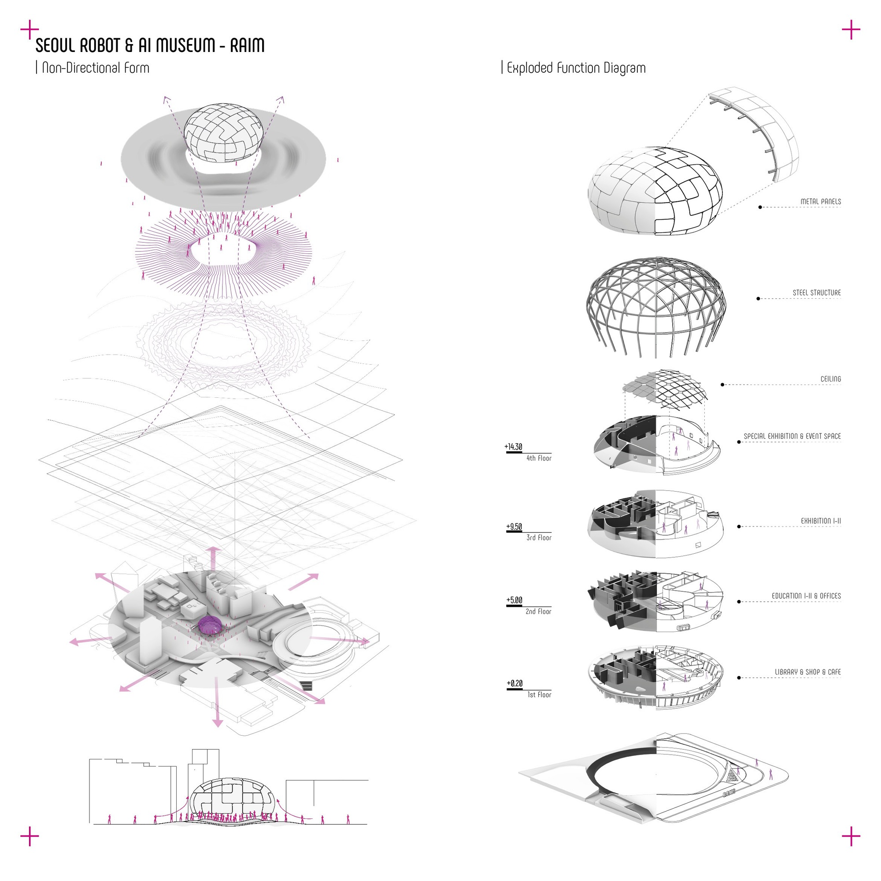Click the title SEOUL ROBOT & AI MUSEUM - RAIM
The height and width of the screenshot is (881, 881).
click(150, 45)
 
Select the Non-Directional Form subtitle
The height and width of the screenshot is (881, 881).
click(95, 68)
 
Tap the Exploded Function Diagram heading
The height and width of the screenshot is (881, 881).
click(576, 68)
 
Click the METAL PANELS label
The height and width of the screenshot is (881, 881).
click(821, 202)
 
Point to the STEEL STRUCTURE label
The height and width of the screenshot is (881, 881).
click(817, 293)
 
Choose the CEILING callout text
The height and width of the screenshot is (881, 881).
click(831, 379)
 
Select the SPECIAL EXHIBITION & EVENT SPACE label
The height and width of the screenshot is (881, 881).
click(792, 437)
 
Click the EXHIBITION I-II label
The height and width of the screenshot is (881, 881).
click(821, 521)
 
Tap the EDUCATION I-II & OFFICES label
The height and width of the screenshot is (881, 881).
click(806, 596)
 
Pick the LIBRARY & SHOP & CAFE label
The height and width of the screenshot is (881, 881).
click(808, 672)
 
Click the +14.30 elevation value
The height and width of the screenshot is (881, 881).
click(514, 447)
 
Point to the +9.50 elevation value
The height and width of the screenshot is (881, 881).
click(515, 527)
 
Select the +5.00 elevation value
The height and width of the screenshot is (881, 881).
click(515, 600)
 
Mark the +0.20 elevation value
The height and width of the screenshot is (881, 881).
click(515, 683)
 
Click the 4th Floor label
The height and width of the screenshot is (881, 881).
click(539, 458)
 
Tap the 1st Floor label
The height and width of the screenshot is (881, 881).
click(540, 695)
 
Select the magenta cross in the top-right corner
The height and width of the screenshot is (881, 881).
click(851, 30)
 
